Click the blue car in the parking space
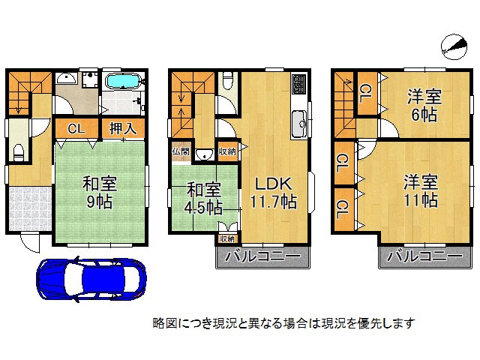coord(90,280)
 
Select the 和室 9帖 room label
coord(98,191)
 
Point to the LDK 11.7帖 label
coord(273,192)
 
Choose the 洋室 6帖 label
coord(424,104)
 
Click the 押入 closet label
coord(122,128)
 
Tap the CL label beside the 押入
coord(76,128)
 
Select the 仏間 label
coord(180,151)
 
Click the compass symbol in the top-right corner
coord(452,45)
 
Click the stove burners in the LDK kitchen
coord(299,82)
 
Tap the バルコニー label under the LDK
coord(262,256)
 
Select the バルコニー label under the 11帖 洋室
coord(425,256)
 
